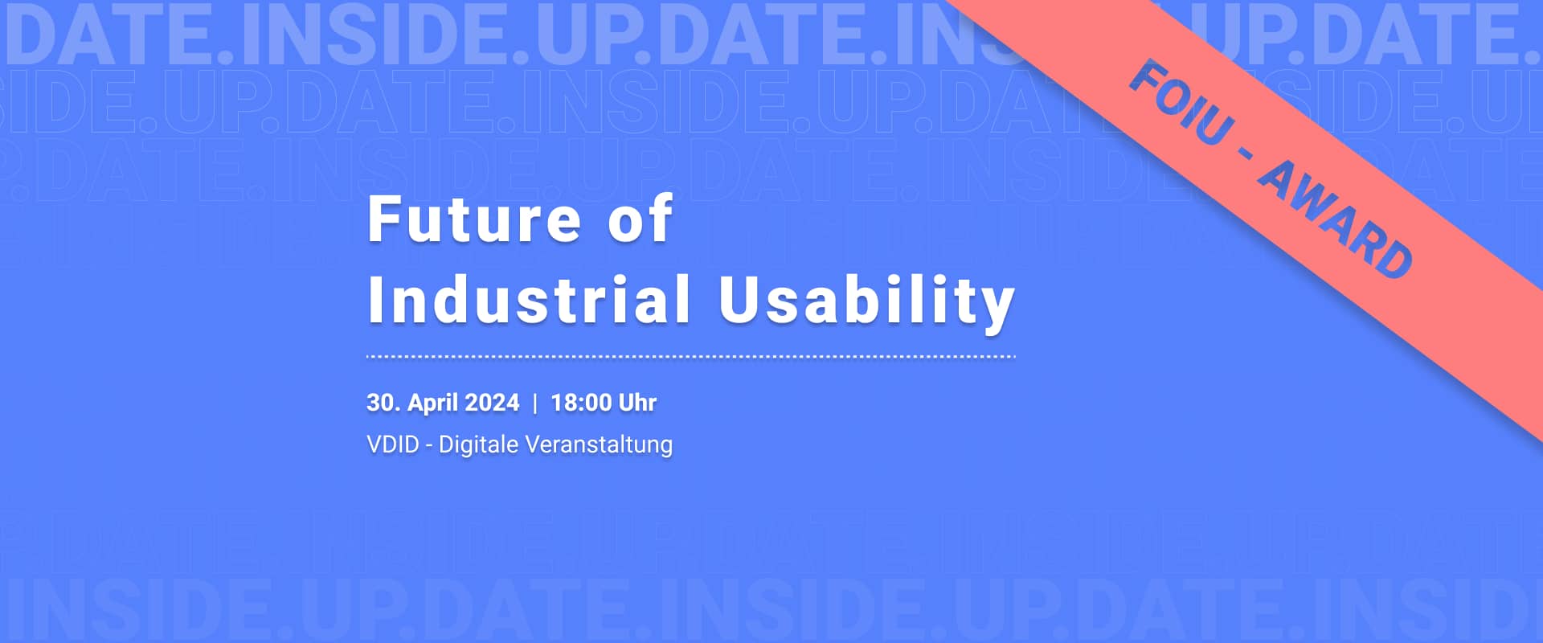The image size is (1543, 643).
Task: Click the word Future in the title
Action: pos(474,219)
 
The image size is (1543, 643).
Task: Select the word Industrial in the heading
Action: pos(529,299)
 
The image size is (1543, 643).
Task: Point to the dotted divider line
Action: pos(691,356)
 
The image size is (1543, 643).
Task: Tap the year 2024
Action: pos(493,403)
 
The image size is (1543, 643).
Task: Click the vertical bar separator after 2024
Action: pos(535,403)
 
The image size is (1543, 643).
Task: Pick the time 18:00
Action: pos(581,403)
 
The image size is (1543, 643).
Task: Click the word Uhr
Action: pos(637,403)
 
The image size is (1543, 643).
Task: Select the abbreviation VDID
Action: pos(393,444)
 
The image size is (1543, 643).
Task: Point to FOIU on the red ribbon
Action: pos(1181,104)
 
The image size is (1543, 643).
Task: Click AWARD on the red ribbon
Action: pos(1335,220)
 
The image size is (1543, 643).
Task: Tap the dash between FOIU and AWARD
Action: pos(1246,153)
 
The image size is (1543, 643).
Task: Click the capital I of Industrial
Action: pos(374,299)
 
